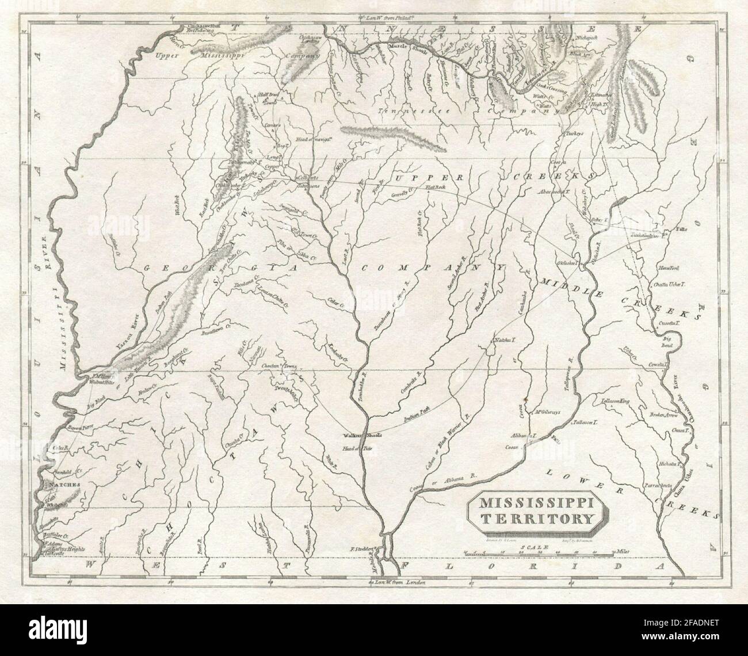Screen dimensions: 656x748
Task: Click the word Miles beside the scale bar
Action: [621, 552]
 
